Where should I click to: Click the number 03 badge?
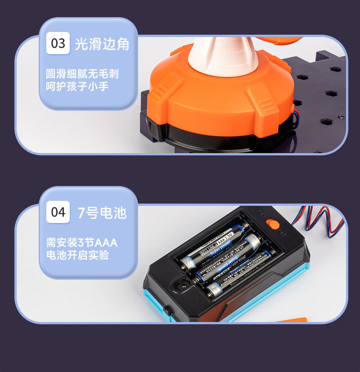pos(58,44)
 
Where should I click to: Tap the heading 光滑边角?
pos(102,44)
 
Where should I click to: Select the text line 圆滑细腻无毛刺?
pos(82,73)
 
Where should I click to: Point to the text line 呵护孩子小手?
pos(77,86)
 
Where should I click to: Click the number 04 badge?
pos(58,212)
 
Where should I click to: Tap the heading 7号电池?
pos(102,213)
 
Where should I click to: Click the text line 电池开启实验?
pos(77,255)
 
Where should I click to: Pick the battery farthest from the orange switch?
pos(238,275)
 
